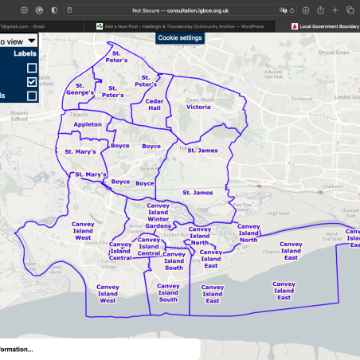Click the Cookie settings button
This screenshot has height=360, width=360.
[180, 37]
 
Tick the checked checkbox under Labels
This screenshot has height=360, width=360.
[32, 81]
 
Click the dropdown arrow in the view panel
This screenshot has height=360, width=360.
[30, 41]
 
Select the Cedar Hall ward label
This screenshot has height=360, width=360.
[154, 104]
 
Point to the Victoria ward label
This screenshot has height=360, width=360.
[198, 106]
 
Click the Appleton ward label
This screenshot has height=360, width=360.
[88, 124]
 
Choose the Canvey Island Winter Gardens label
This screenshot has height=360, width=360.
[158, 215]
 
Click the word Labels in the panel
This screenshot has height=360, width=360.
[25, 53]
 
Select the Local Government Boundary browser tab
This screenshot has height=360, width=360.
[327, 25]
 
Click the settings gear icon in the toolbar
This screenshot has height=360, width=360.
[25, 10]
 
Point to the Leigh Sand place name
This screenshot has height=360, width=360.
[277, 213]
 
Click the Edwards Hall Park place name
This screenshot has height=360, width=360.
[276, 76]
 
